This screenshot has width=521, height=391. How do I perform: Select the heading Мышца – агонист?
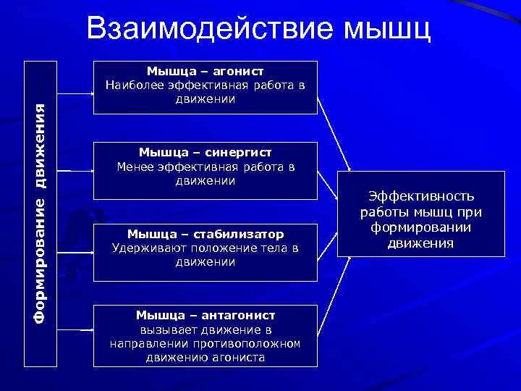pos(205,71)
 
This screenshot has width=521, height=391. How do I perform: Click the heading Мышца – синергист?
pos(206,152)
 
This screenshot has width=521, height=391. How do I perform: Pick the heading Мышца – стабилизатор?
pos(206,234)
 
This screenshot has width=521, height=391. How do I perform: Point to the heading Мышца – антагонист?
pos(206,315)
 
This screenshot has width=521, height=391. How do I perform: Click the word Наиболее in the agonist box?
pos(130,85)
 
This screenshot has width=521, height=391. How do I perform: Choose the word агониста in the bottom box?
pos(240,357)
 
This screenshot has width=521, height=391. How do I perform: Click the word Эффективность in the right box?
pos(421,197)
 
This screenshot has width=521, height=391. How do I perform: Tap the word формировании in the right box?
pos(420,227)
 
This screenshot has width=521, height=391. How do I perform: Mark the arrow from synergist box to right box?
pos(329,184)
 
